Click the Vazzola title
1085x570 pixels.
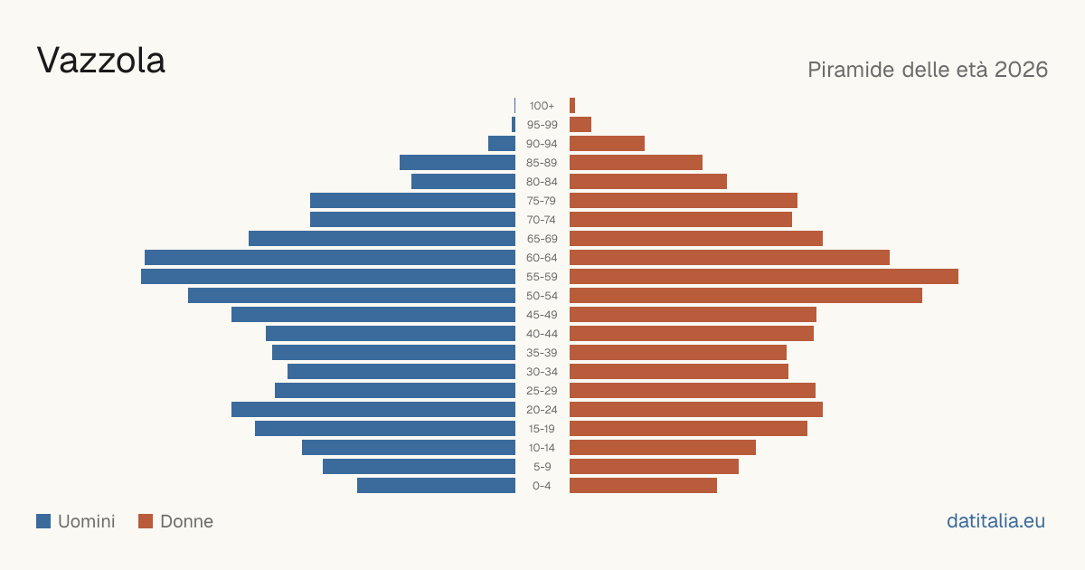coord(100,61)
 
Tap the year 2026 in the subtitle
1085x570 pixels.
coord(1021,70)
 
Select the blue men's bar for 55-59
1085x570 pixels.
coord(328,276)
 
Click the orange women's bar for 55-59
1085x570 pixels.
coord(764,276)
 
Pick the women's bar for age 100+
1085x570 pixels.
coord(572,105)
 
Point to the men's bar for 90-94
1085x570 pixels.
coord(502,144)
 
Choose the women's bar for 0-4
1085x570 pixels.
coord(643,486)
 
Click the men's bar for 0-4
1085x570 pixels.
coord(436,486)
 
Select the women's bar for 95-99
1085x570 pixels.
coord(580,125)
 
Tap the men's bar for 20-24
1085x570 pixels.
coord(373,410)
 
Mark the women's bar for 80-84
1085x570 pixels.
coord(648,181)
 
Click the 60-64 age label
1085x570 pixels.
coord(542,258)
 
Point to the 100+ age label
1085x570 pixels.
coord(542,106)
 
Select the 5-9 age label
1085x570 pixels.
coord(542,467)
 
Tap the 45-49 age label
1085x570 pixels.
coord(542,315)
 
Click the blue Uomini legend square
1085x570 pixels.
coord(43,521)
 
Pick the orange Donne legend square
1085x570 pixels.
coord(146,521)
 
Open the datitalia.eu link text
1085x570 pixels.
coord(995,521)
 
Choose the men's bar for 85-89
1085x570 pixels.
coord(458,162)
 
